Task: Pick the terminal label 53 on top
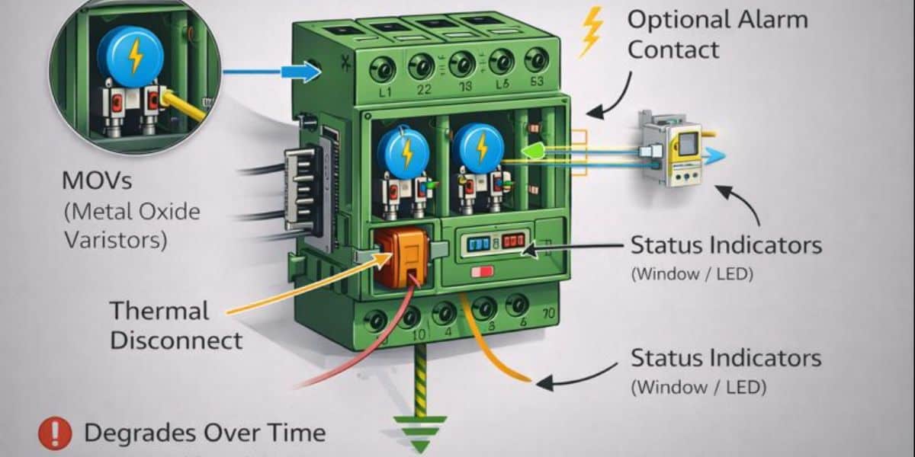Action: pos(536,83)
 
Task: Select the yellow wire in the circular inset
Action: pos(183,107)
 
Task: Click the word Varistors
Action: pos(115,240)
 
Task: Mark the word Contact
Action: pos(673,50)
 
